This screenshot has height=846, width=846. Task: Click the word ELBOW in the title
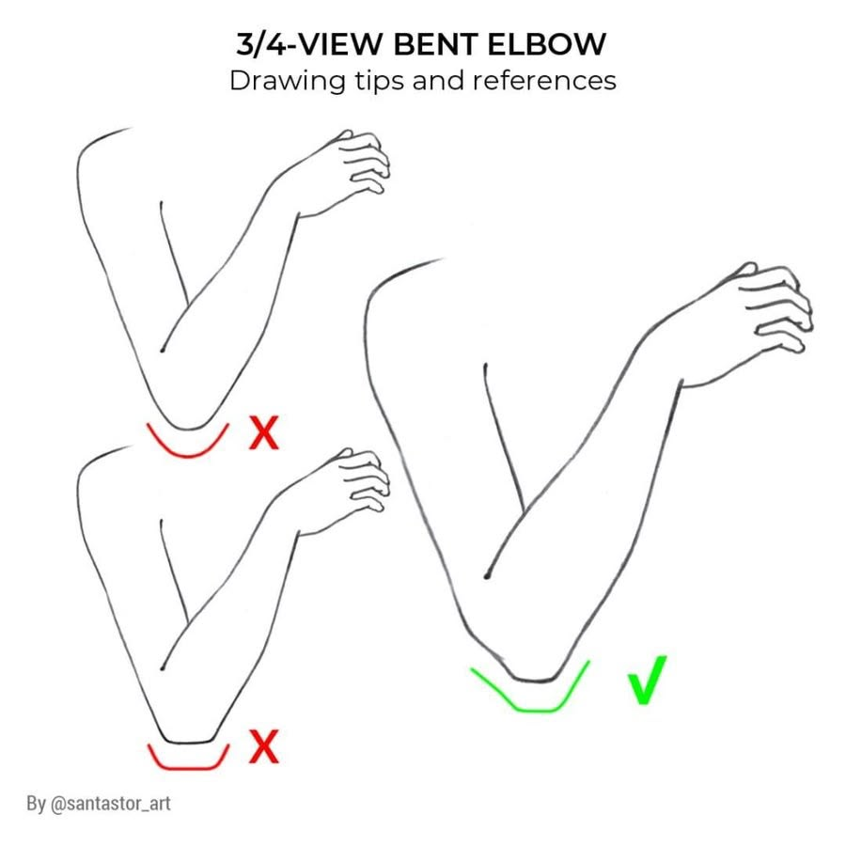[x=546, y=43]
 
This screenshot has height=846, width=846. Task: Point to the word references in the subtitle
[x=544, y=81]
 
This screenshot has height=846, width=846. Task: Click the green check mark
[x=648, y=680]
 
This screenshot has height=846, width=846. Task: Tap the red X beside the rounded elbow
[x=264, y=432]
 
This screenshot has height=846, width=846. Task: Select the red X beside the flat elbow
[x=264, y=746]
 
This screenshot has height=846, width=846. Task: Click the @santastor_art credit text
[x=111, y=804]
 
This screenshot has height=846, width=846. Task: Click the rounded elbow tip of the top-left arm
[x=188, y=429]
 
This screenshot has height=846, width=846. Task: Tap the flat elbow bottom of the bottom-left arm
[x=188, y=742]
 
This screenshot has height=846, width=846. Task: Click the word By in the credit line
[x=36, y=804]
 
